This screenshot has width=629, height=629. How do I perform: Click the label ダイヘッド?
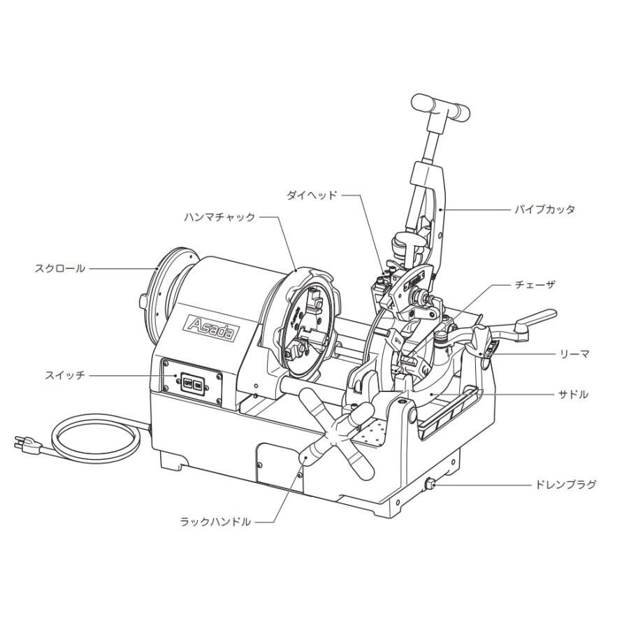[x=312, y=196]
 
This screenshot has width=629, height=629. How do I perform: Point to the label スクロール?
[x=60, y=268]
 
